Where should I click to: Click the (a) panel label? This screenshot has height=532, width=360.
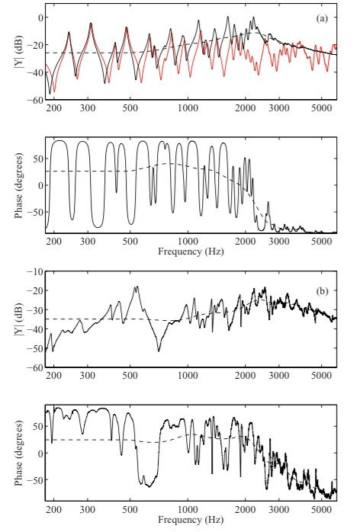point(322,18)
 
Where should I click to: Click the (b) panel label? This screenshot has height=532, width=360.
point(322,291)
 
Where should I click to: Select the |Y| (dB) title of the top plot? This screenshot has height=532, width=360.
point(18,52)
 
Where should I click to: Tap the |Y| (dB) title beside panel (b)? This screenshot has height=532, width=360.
point(18,319)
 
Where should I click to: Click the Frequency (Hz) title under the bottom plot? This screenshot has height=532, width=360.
point(191,520)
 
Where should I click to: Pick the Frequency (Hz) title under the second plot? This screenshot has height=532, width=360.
point(191,252)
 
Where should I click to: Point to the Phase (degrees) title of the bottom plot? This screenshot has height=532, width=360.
point(18,453)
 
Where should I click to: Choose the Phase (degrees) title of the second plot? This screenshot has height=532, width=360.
point(18,185)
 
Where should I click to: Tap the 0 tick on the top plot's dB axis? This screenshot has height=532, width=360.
point(40,18)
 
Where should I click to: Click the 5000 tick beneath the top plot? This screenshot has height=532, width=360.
point(321,108)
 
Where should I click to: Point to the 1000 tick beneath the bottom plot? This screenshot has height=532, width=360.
point(188,510)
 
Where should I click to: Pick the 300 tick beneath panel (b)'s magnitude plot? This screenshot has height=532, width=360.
point(88,376)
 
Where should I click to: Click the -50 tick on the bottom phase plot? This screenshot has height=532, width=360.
point(36,479)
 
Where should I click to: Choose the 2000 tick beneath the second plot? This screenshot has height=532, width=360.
point(245,242)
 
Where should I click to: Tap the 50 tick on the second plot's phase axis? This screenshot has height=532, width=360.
point(39,159)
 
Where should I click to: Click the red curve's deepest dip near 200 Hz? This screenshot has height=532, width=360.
point(54,91)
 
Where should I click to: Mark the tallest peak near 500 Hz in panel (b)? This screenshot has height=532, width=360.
point(137,287)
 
